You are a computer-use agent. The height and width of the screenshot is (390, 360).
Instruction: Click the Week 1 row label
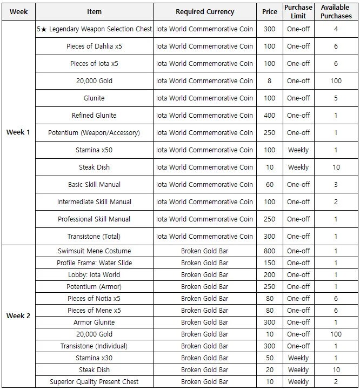[x=18, y=132]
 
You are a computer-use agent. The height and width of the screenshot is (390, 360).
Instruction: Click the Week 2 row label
[x=18, y=316]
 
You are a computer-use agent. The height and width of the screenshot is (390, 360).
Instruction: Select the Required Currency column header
[x=205, y=11]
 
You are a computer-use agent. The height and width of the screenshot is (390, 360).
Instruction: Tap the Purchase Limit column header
[x=298, y=11]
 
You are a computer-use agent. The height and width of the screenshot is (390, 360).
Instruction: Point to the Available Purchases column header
[x=336, y=11]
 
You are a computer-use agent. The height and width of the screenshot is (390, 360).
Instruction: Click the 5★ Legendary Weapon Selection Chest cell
[x=95, y=29]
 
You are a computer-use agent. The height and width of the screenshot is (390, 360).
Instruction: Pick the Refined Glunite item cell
[x=94, y=116]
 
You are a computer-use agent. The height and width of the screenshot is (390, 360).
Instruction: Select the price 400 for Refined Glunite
[x=269, y=116]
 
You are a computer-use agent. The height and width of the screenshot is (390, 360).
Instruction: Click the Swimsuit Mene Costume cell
[x=94, y=251]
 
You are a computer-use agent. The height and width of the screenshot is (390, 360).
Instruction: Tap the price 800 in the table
[x=269, y=251]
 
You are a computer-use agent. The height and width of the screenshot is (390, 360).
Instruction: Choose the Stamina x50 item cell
[x=94, y=150]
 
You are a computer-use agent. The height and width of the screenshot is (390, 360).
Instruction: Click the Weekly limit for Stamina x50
[x=298, y=150]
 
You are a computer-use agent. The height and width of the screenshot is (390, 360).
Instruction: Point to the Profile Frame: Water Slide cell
[x=94, y=263]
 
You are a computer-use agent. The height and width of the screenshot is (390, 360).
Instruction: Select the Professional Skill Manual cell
[x=94, y=219]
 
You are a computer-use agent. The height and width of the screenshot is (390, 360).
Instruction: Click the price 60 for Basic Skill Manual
[x=269, y=185]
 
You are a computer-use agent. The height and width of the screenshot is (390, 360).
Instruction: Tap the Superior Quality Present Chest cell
[x=94, y=382]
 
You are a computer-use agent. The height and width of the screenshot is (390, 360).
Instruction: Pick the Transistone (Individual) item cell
[x=94, y=346]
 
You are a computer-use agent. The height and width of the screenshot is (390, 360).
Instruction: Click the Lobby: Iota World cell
[x=94, y=275]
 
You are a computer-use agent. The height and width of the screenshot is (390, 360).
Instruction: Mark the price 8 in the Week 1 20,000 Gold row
[x=269, y=81]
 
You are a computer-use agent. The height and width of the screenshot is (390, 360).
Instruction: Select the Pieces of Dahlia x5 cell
[x=94, y=46]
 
